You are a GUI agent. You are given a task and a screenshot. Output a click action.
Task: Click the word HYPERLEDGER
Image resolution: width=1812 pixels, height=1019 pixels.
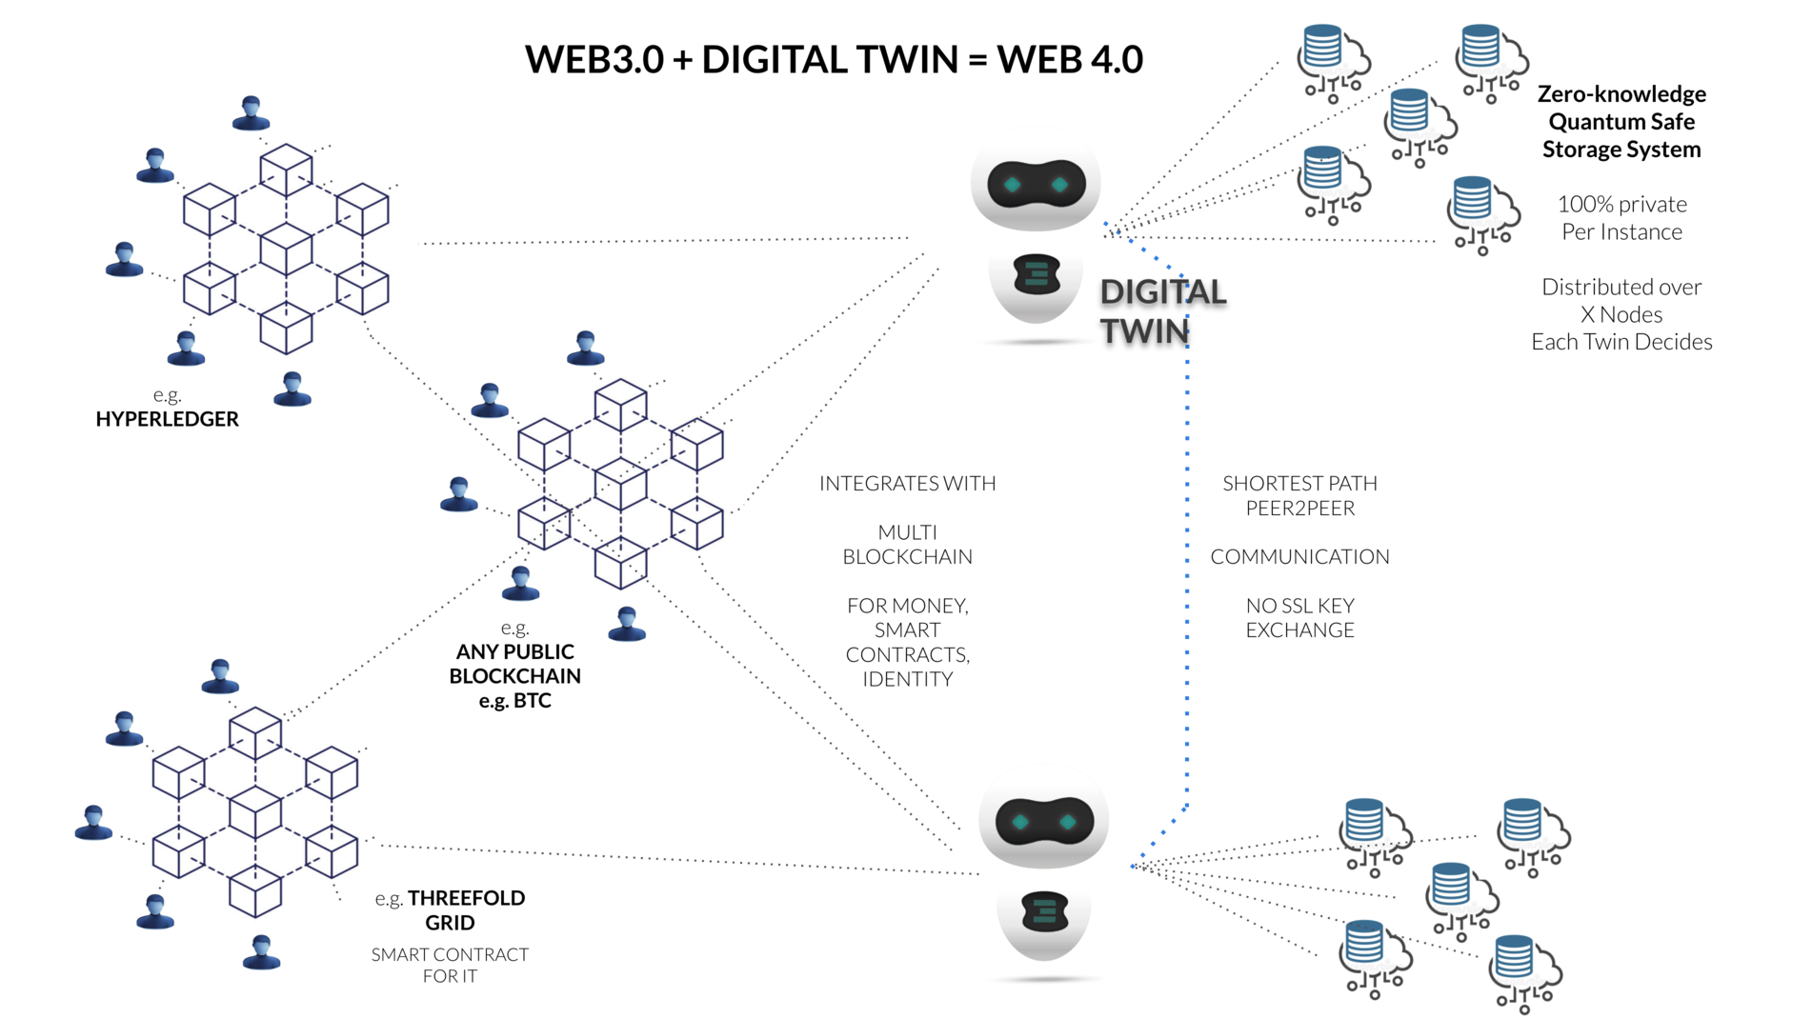coord(167,419)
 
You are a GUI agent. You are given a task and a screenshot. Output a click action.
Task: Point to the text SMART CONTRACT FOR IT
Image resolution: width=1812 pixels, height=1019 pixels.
coord(450,965)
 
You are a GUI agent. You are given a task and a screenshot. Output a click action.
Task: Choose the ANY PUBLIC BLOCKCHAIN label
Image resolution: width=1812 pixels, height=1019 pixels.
coord(514,664)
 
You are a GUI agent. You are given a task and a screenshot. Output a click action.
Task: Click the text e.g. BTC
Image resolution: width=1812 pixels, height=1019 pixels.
coord(514,701)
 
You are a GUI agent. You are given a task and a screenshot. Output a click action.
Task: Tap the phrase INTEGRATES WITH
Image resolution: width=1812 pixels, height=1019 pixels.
coord(907,484)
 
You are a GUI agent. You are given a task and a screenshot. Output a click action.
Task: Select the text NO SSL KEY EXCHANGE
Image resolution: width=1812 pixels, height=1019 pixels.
coord(1299,618)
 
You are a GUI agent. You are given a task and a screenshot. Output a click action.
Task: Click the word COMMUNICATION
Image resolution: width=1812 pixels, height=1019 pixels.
coord(1299,557)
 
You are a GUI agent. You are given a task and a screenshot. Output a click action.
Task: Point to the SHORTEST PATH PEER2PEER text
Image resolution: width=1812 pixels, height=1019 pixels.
coord(1299,496)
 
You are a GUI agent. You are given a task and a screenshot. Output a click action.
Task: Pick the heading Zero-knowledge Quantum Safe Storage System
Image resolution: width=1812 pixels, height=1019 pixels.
coord(1621,122)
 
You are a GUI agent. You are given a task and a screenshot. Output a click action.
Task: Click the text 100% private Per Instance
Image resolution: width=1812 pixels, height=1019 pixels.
coord(1621,218)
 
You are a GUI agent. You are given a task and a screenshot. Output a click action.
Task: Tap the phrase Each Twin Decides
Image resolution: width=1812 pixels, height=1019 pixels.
coord(1621,342)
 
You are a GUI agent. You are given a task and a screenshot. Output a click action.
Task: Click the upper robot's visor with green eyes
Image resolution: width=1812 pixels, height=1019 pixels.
coord(1037,185)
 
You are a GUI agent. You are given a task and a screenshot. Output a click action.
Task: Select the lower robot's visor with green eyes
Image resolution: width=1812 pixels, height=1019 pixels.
coord(1044,822)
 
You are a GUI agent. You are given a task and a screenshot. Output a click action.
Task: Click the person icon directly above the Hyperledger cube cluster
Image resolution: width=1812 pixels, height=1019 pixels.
coord(251,113)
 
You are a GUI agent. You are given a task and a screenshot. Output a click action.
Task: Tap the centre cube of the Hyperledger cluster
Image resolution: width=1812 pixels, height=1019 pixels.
coord(286,249)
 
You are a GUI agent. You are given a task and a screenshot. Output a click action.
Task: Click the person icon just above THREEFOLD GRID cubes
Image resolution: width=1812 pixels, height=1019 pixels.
coord(220,676)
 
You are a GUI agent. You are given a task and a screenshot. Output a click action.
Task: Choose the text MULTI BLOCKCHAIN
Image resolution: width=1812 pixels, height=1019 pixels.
coord(907,545)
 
